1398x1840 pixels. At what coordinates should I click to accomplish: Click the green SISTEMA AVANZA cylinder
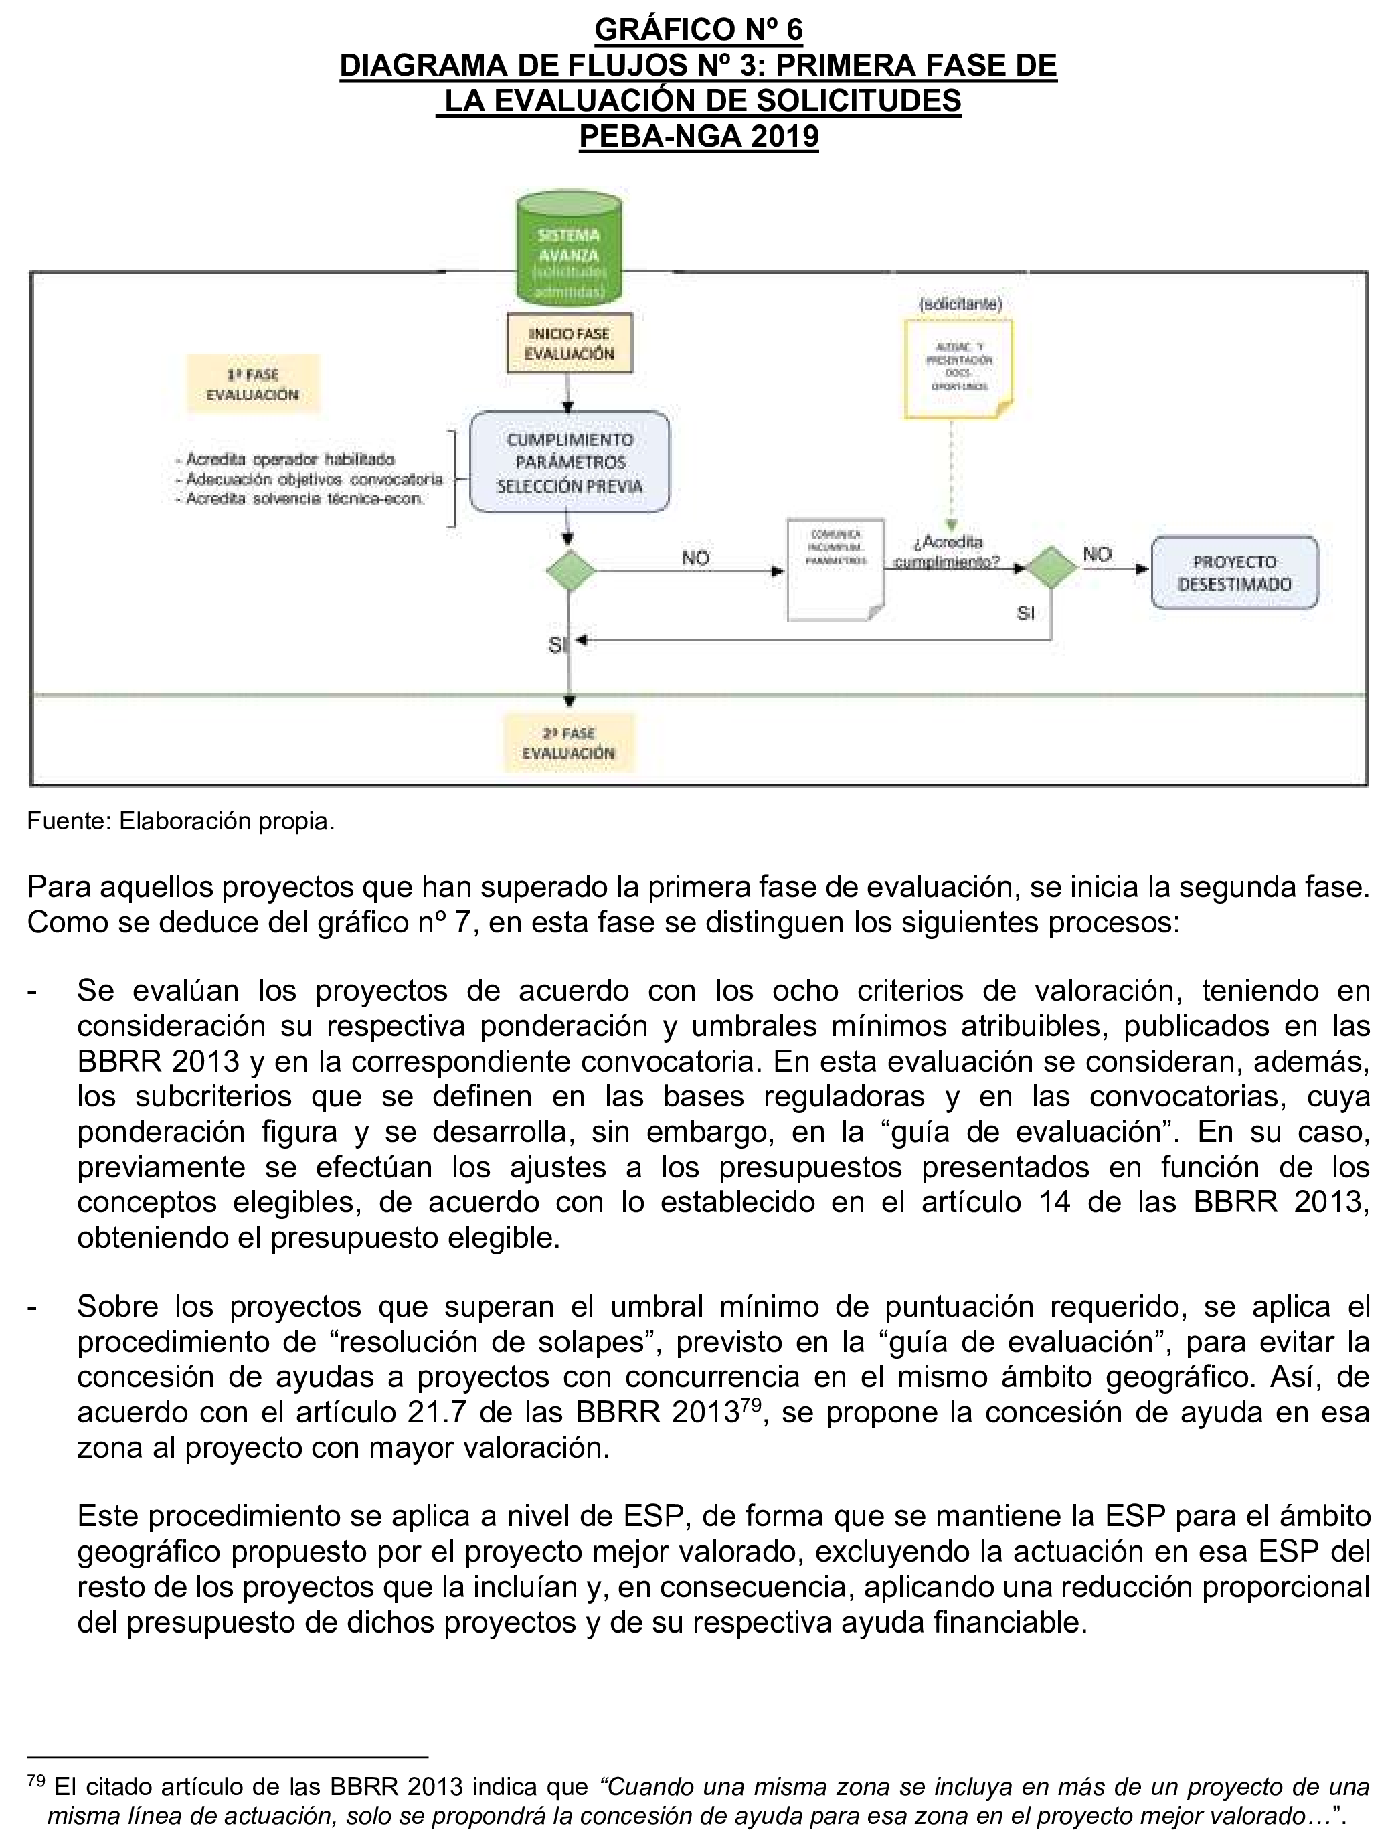[x=570, y=250]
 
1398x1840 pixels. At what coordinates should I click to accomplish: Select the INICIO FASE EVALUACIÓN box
[x=570, y=343]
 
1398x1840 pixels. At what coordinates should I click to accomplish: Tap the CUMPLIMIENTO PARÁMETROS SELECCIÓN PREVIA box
[x=570, y=462]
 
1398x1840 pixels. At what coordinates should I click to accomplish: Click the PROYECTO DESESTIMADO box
[x=1234, y=572]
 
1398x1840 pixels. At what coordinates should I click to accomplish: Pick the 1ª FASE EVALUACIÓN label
[x=252, y=384]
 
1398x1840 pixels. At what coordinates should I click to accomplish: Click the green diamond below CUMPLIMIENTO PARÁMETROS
[x=570, y=571]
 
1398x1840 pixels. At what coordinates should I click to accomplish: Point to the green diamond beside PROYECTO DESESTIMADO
[x=1050, y=568]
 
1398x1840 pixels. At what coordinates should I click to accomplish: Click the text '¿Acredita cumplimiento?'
[x=948, y=552]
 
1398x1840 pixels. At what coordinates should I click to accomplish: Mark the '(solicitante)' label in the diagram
[x=960, y=304]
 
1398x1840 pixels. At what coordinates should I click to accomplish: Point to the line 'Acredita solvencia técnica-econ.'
[x=300, y=499]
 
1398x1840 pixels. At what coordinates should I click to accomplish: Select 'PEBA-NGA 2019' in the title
[x=699, y=136]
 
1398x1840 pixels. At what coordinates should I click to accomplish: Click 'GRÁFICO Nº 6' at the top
[x=699, y=30]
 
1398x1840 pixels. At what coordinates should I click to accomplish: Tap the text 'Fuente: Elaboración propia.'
[x=181, y=821]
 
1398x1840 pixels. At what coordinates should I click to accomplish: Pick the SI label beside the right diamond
[x=1025, y=613]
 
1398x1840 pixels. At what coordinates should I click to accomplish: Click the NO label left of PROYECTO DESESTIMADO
[x=1097, y=554]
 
